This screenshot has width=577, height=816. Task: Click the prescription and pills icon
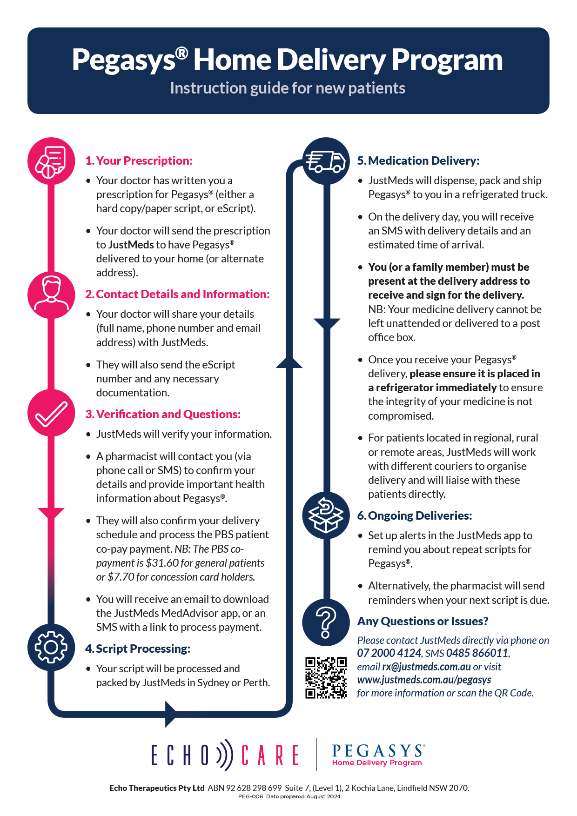51,161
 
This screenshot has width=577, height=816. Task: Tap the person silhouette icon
51,295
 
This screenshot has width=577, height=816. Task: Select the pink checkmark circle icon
51,413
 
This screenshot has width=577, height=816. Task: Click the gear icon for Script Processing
51,647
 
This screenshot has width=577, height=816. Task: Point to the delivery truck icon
326,161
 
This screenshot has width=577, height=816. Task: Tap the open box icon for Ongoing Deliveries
326,515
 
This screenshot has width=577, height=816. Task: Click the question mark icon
326,622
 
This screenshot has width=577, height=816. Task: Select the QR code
326,678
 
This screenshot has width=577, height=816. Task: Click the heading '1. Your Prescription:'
139,161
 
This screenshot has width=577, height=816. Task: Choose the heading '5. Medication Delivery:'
418,161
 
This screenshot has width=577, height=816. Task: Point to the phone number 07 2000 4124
389,653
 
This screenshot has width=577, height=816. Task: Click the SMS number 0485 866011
477,653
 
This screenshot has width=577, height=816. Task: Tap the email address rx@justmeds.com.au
426,667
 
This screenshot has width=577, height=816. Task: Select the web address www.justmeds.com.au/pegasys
424,680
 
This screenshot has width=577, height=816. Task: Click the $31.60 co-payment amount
162,563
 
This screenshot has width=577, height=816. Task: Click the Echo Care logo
225,755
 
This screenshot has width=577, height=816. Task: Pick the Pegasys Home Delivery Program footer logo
377,755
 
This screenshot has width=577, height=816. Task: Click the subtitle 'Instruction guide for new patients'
288,88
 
